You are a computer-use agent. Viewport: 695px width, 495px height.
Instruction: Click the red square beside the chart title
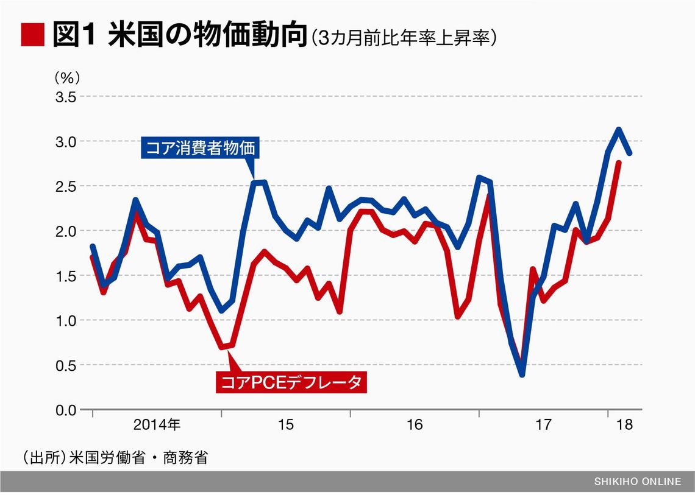coord(32,35)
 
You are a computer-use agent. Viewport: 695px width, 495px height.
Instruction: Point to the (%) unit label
coord(67,78)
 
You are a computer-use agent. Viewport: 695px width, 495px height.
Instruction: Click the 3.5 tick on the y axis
coord(65,97)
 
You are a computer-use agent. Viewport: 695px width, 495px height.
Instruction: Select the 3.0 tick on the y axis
coord(65,141)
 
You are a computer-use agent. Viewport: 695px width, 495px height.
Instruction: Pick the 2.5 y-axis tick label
coord(65,186)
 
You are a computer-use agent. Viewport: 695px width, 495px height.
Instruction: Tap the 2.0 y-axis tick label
coord(65,231)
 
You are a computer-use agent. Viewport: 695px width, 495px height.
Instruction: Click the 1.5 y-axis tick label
coord(65,276)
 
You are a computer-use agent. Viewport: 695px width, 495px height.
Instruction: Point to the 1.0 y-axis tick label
coord(65,320)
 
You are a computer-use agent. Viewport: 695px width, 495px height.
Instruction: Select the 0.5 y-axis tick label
coord(65,365)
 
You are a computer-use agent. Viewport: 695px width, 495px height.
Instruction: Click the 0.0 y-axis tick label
coord(65,410)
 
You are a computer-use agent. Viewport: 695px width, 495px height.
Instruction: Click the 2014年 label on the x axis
coord(157,424)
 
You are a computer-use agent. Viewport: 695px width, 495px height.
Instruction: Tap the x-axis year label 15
coord(285,424)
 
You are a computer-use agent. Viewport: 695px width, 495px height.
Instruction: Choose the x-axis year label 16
coord(414,424)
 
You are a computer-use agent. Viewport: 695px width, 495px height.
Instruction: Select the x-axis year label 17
coord(543,424)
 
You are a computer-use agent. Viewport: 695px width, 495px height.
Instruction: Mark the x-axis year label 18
coord(625,424)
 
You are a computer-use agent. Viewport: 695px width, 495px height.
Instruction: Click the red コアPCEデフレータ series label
coord(291,382)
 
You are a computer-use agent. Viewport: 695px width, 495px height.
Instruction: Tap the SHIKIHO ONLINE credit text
coord(638,482)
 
